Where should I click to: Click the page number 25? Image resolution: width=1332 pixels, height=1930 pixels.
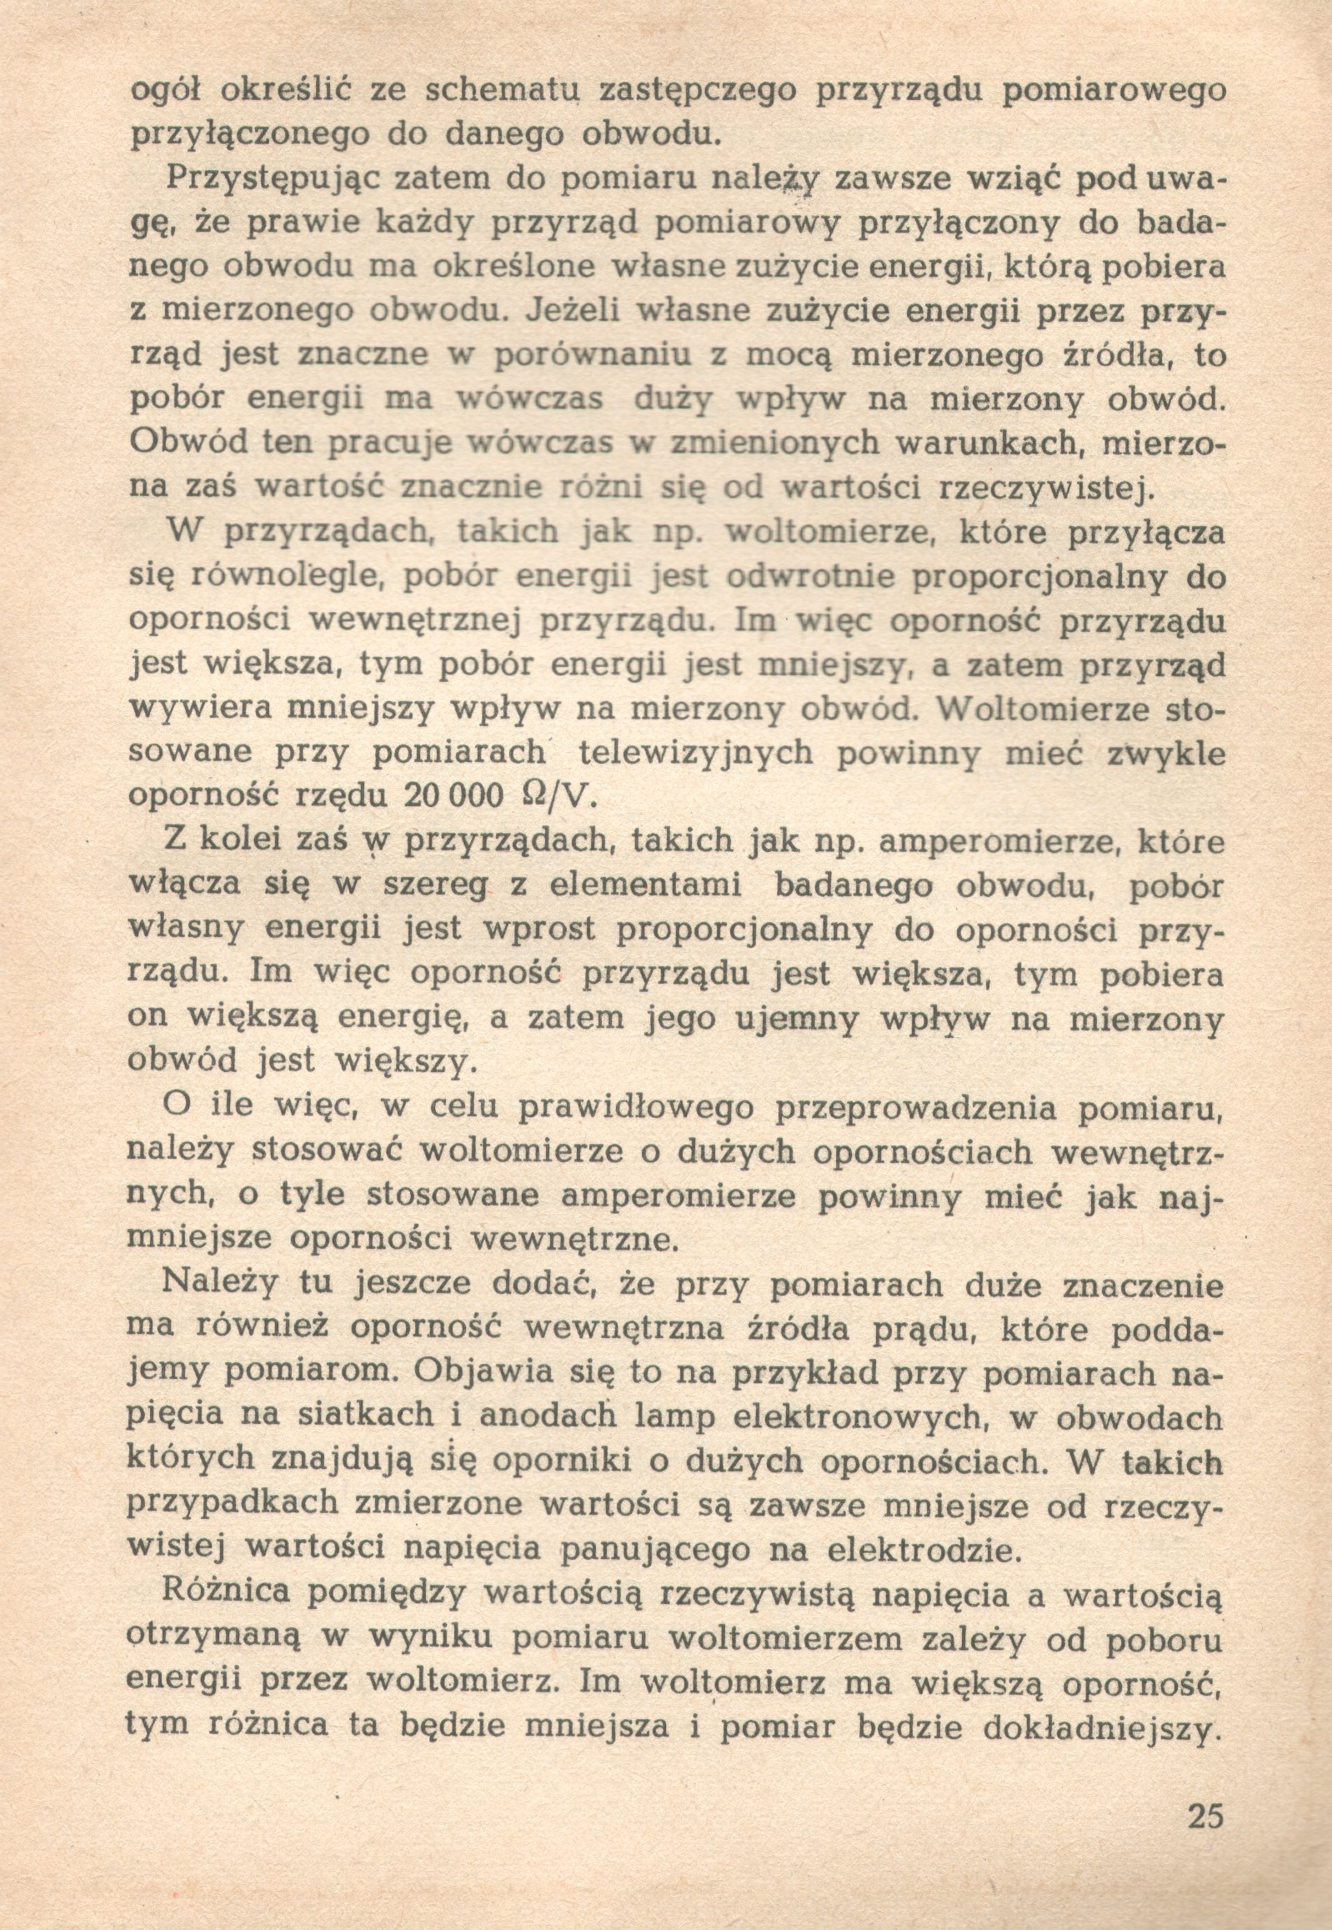click(x=1204, y=1815)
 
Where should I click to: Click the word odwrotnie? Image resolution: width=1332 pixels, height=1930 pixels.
click(x=807, y=576)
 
